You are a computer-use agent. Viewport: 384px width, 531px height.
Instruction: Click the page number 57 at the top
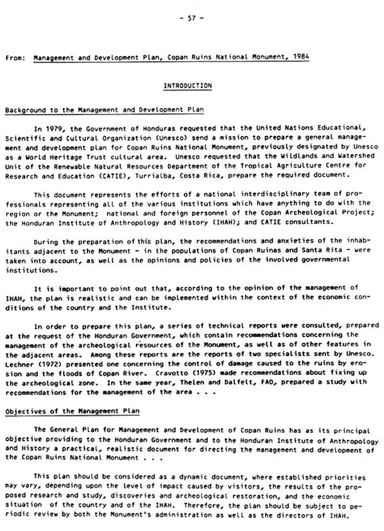(191, 19)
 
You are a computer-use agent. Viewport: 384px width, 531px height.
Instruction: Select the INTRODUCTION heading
(188, 85)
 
